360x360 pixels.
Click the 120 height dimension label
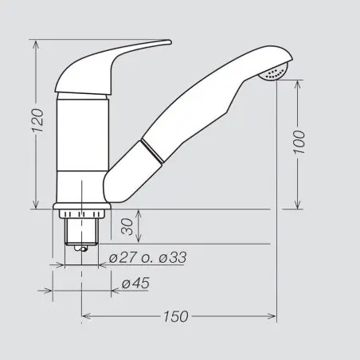click(x=37, y=121)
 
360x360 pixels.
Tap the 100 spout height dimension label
click(x=299, y=142)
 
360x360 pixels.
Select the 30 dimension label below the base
click(x=127, y=227)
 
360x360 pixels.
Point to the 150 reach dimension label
click(x=176, y=316)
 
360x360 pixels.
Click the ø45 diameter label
click(x=135, y=284)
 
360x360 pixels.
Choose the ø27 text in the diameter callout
click(x=123, y=257)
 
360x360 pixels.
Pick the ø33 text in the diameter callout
click(x=173, y=257)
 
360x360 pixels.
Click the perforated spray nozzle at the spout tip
click(x=274, y=72)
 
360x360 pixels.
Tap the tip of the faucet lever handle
click(x=170, y=41)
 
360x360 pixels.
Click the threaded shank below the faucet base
click(x=81, y=231)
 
